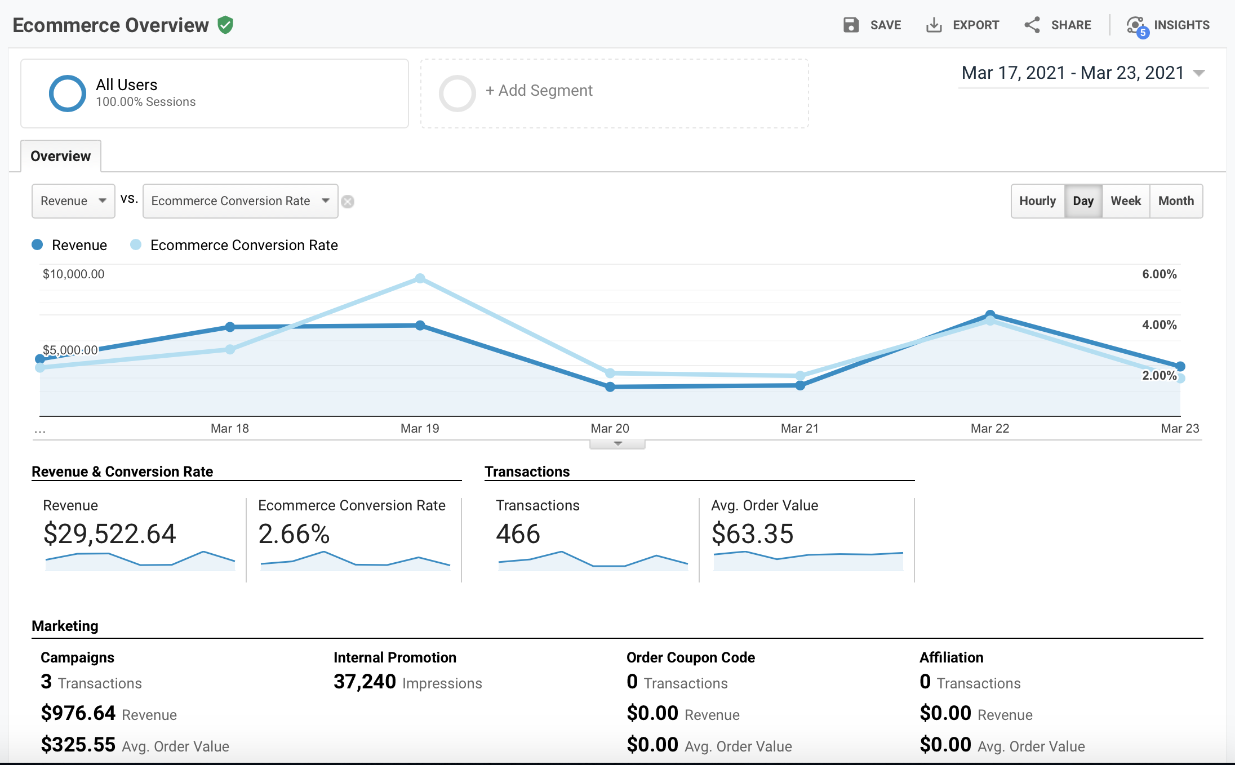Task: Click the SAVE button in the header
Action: pyautogui.click(x=872, y=25)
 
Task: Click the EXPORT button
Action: pyautogui.click(x=963, y=25)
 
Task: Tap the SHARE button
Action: pyautogui.click(x=1058, y=25)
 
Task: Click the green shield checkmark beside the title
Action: pyautogui.click(x=225, y=25)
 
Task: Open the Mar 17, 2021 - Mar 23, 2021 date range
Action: pyautogui.click(x=1082, y=73)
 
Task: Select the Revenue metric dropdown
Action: pyautogui.click(x=73, y=201)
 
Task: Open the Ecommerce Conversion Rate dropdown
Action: pyautogui.click(x=240, y=201)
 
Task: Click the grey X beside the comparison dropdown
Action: pyautogui.click(x=348, y=202)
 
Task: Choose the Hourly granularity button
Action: pyautogui.click(x=1037, y=201)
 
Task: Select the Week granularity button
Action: pyautogui.click(x=1125, y=201)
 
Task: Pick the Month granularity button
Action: pyautogui.click(x=1176, y=201)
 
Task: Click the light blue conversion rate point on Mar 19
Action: pyautogui.click(x=420, y=278)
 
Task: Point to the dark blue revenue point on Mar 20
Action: pyautogui.click(x=610, y=387)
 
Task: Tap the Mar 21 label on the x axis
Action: pyautogui.click(x=799, y=429)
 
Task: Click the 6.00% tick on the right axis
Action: pyautogui.click(x=1159, y=274)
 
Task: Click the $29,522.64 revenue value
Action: pyautogui.click(x=110, y=533)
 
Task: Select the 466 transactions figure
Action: pyautogui.click(x=518, y=533)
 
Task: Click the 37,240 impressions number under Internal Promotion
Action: pyautogui.click(x=365, y=682)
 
